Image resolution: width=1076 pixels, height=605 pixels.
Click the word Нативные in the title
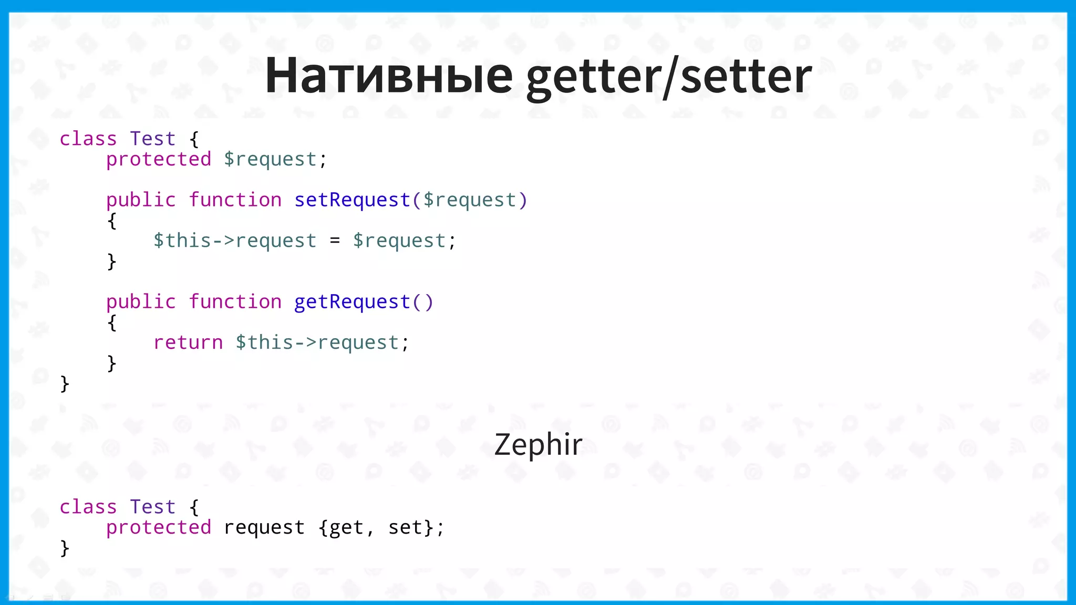[x=389, y=76]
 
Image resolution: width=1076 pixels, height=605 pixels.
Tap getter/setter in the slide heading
[x=669, y=76]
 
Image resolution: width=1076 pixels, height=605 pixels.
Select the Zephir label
[x=538, y=444]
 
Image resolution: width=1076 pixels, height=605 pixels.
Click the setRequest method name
[x=352, y=200]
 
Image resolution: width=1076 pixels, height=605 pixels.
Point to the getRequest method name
[x=352, y=302]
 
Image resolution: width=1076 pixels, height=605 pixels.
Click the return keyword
[x=188, y=342]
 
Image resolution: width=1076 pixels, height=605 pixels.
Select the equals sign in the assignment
[x=335, y=241]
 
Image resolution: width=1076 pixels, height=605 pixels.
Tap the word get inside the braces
[x=346, y=527]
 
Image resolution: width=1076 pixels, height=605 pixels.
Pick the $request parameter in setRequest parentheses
[x=469, y=200]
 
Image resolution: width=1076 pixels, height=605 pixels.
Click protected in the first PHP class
[x=159, y=159]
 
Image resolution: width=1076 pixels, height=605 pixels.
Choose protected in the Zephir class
[x=159, y=527]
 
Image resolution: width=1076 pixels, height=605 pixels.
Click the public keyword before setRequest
[x=141, y=200]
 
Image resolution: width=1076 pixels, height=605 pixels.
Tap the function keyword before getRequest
[x=235, y=302]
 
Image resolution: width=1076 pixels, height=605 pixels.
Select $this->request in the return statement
[x=317, y=342]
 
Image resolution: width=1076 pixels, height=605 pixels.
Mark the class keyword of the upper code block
[x=88, y=139]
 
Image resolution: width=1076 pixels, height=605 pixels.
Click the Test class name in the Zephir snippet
[x=152, y=507]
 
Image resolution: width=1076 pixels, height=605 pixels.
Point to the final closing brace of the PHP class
[x=65, y=384]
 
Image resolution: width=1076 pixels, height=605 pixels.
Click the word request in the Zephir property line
[x=264, y=527]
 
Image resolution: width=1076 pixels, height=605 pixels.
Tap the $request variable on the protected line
[x=270, y=159]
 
